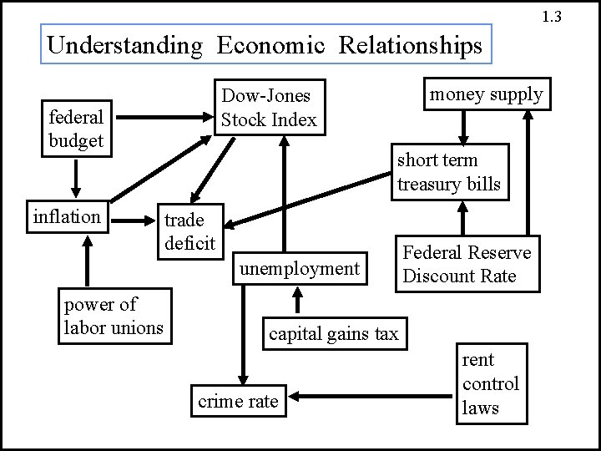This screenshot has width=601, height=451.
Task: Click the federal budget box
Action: pyautogui.click(x=76, y=129)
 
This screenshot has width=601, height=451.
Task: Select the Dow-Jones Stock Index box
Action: pyautogui.click(x=268, y=108)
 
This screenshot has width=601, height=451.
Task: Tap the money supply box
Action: pyautogui.click(x=486, y=94)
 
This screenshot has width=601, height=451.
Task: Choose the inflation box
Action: pyautogui.click(x=67, y=217)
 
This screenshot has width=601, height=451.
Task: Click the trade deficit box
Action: pyautogui.click(x=189, y=231)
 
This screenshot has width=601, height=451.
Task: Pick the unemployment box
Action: pyautogui.click(x=299, y=269)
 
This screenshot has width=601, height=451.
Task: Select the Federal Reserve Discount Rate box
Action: pyautogui.click(x=467, y=264)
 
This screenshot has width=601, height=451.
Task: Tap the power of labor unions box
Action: pyautogui.click(x=114, y=316)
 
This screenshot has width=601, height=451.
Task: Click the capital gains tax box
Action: pyautogui.click(x=333, y=334)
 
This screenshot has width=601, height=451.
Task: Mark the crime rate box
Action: pyautogui.click(x=238, y=402)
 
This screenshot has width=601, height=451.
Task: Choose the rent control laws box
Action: pyautogui.click(x=491, y=383)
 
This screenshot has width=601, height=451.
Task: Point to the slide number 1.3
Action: pyautogui.click(x=552, y=16)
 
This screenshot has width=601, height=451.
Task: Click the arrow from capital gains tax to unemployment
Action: pyautogui.click(x=297, y=302)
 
